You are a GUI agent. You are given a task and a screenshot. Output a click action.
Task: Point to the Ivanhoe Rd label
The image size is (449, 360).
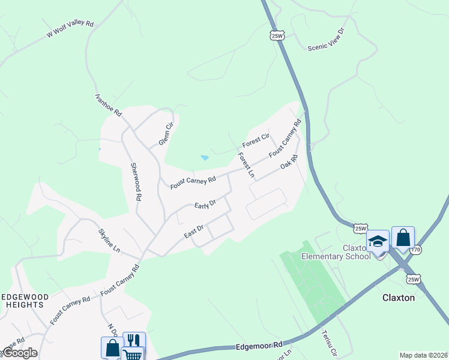[109, 104]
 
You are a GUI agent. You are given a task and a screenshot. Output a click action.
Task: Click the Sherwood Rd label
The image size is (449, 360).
[136, 181]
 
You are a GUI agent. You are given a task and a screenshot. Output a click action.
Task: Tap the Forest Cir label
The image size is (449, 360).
[256, 141]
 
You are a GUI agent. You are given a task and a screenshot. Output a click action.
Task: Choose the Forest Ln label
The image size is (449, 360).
[246, 166]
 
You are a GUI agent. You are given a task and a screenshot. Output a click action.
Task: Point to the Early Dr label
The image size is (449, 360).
[205, 205]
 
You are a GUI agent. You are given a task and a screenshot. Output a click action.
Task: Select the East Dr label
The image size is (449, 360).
[194, 231]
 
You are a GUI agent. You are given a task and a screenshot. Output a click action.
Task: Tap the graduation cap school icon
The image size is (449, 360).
[378, 241]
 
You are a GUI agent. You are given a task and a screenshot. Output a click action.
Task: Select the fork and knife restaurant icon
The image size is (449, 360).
[134, 341]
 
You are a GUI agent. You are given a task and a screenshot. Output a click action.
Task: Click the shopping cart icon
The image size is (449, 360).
[133, 354]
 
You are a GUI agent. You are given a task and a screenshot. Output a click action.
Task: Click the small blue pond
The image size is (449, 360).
[205, 158]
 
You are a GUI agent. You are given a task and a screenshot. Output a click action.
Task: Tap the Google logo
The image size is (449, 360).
[20, 353]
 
